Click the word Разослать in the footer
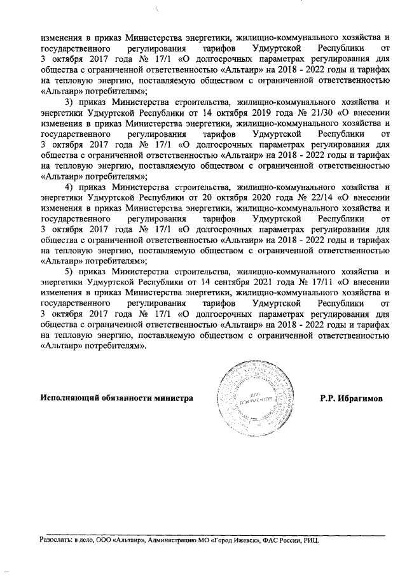[54, 540]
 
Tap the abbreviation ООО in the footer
[102, 540]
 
